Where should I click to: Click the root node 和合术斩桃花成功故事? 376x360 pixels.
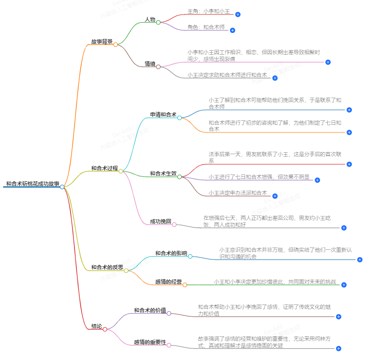coord(32,184)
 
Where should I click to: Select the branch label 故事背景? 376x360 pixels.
coord(101,42)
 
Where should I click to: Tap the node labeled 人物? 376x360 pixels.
coord(150,20)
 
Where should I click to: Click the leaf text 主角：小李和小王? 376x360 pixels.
coord(208,11)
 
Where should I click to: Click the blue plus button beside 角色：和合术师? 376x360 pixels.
coord(232,30)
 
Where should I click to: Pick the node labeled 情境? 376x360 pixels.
coord(150,64)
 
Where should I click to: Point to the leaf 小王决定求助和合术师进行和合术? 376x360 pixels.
coord(227,75)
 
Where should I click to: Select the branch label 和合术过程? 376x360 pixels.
coord(104,169)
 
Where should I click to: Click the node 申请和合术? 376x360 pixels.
coord(163,115)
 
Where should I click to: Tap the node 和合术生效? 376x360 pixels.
coord(163,173)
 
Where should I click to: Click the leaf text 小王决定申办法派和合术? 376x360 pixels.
coord(238,193)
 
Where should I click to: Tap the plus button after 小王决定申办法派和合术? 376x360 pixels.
coord(275,196)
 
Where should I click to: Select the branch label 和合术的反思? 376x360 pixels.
coord(107,267)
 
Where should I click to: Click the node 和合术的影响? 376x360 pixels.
coord(171,253)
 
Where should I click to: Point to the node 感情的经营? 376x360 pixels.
coord(168,282)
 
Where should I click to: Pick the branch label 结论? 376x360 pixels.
coord(97,326)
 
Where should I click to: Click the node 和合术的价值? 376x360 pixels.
coord(150,310)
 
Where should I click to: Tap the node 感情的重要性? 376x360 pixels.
coord(150,343)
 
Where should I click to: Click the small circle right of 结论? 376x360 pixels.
coord(105,329)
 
